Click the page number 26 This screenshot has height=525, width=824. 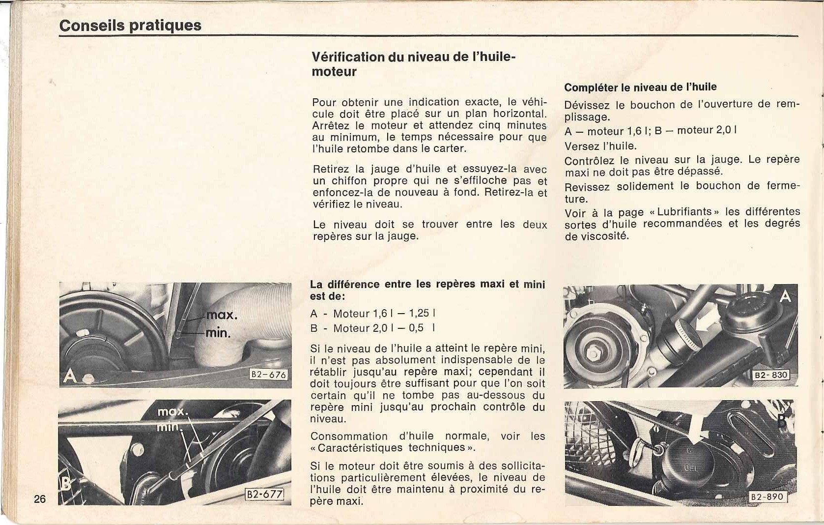click(40, 499)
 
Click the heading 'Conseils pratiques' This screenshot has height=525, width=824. click(130, 25)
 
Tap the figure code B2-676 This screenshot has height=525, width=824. click(268, 375)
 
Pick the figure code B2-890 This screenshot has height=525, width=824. click(768, 496)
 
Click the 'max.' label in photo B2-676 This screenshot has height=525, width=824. click(222, 315)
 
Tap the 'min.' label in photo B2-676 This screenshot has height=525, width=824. click(218, 333)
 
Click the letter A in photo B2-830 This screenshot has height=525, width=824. click(785, 296)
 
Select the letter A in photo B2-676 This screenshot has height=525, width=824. click(70, 377)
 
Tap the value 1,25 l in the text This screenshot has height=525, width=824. click(422, 313)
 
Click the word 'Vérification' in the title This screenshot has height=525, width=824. click(348, 57)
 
